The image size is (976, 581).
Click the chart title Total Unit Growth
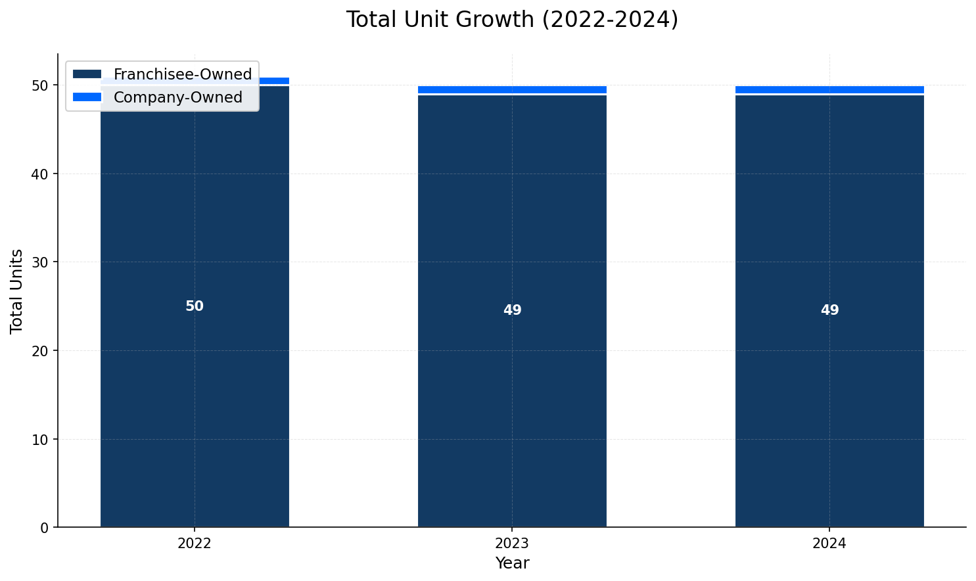click(x=512, y=20)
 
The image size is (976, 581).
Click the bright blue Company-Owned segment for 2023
click(x=512, y=89)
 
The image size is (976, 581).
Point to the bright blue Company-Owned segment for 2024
click(x=829, y=89)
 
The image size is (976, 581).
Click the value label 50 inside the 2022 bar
click(x=195, y=306)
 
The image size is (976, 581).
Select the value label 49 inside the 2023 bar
click(x=512, y=310)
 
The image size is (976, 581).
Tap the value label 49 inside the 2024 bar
click(x=829, y=310)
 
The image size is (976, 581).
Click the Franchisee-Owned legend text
click(x=183, y=74)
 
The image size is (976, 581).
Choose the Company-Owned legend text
click(x=178, y=97)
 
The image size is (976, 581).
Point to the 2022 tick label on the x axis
click(x=195, y=544)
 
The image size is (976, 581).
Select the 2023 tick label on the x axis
click(x=512, y=544)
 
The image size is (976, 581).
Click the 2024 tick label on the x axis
click(x=829, y=544)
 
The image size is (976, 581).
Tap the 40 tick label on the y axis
click(x=41, y=174)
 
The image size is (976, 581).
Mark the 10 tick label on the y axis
click(x=41, y=439)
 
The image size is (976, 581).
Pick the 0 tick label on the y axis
click(x=45, y=528)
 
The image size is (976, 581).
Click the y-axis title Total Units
click(x=17, y=291)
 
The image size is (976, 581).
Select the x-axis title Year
click(x=512, y=563)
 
